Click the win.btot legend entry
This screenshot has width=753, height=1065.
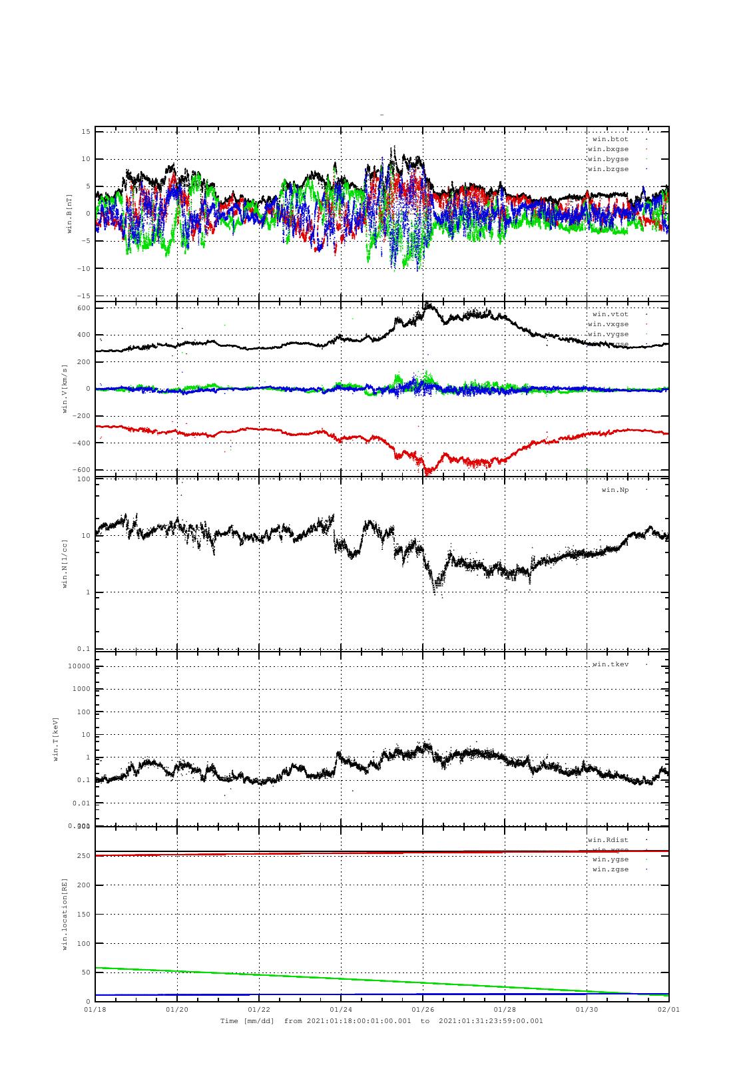coord(610,139)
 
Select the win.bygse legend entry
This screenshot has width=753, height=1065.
coord(608,159)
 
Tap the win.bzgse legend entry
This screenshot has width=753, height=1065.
coord(608,169)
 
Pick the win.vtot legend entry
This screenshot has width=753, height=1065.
coord(610,314)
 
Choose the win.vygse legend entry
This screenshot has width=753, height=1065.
coord(608,334)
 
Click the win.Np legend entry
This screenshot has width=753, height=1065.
coord(615,490)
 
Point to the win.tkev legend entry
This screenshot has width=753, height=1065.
coord(610,664)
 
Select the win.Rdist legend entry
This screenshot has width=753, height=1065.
coord(608,840)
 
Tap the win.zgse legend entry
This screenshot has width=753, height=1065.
coord(610,869)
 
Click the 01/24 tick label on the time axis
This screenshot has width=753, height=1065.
coord(340,1009)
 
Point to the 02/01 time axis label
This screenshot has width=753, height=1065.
coord(668,1009)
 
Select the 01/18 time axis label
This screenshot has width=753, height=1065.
coord(95,1009)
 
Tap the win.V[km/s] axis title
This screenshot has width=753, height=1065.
coord(65,389)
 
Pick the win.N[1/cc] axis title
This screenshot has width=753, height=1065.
coord(65,564)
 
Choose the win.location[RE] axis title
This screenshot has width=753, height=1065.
coord(65,915)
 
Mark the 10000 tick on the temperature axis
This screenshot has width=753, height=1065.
coord(80,666)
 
